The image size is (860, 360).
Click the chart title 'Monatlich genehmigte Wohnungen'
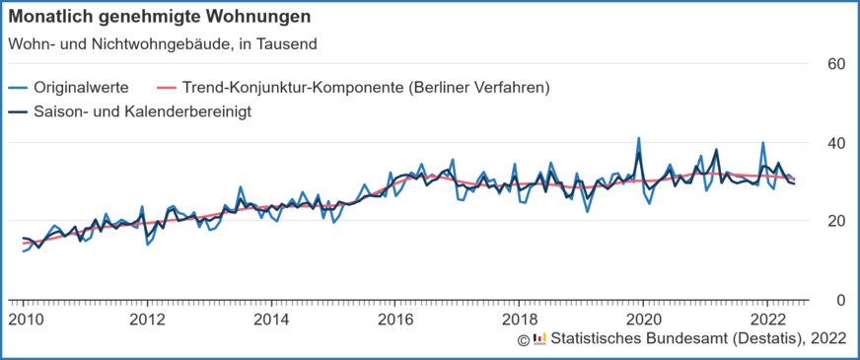coord(160,17)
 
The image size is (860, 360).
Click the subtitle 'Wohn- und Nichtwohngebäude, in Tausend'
coord(163,44)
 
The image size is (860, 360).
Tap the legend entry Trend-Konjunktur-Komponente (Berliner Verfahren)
coord(366,88)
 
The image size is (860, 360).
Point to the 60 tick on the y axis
coord(836,64)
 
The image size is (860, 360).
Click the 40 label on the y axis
coord(836,143)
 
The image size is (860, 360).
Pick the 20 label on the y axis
coord(836,221)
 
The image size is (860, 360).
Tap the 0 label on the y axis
coord(840,300)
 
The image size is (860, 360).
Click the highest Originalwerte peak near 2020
coord(639,139)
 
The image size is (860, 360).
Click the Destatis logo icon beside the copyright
coord(538,339)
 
